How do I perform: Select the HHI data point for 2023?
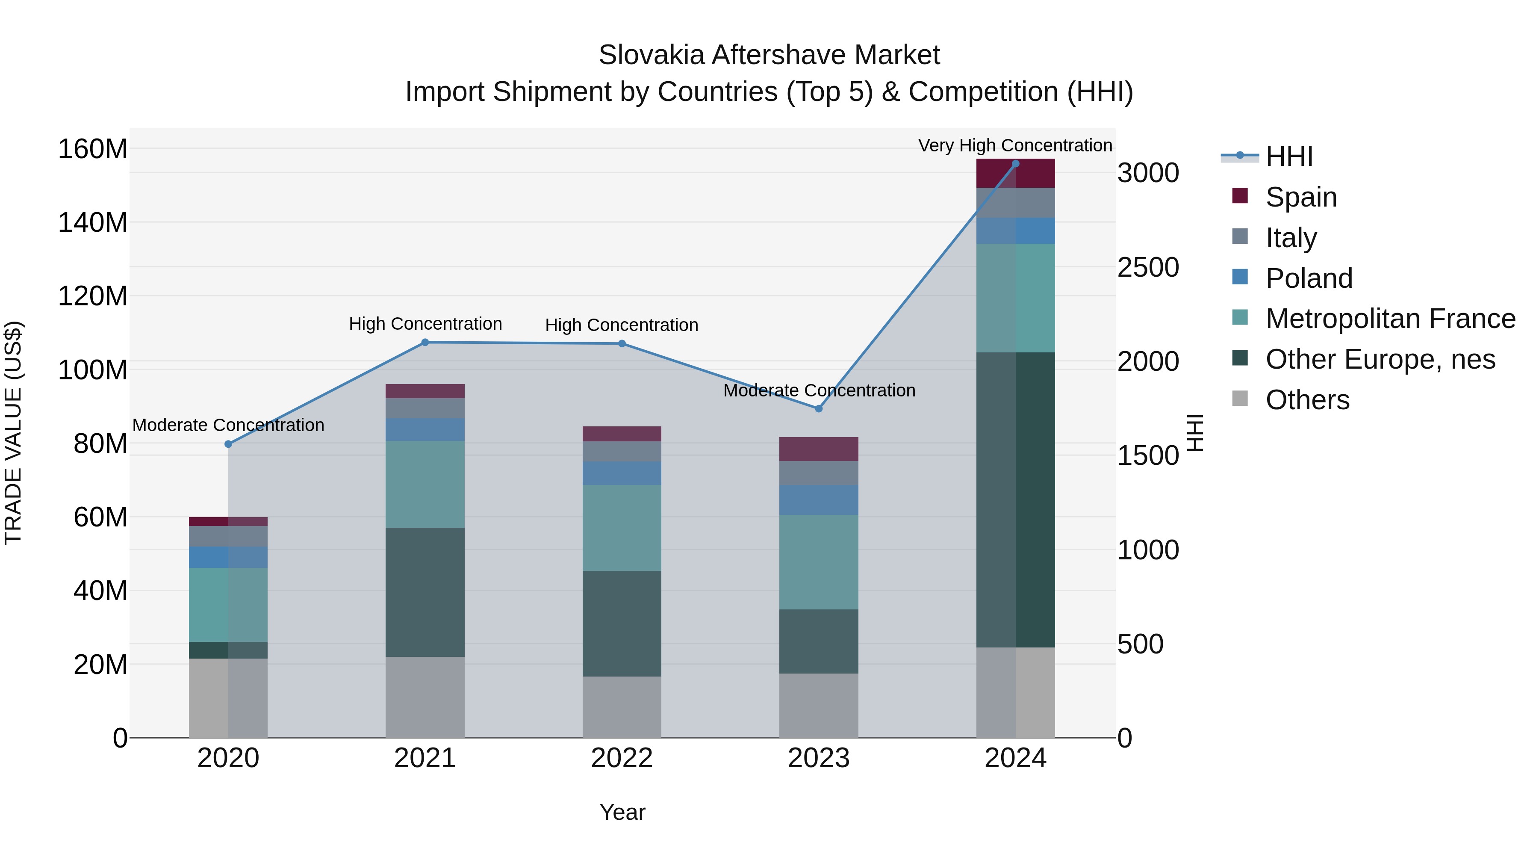819,409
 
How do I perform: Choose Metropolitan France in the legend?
1390,319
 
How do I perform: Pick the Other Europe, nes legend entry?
1380,359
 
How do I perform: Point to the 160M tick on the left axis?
93,149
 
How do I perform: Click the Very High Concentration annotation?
1014,145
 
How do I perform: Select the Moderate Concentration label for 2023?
819,390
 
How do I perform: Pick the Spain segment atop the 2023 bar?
819,449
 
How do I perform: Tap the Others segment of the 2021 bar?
425,697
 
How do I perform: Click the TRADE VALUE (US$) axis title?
13,433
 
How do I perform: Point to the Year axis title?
622,812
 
